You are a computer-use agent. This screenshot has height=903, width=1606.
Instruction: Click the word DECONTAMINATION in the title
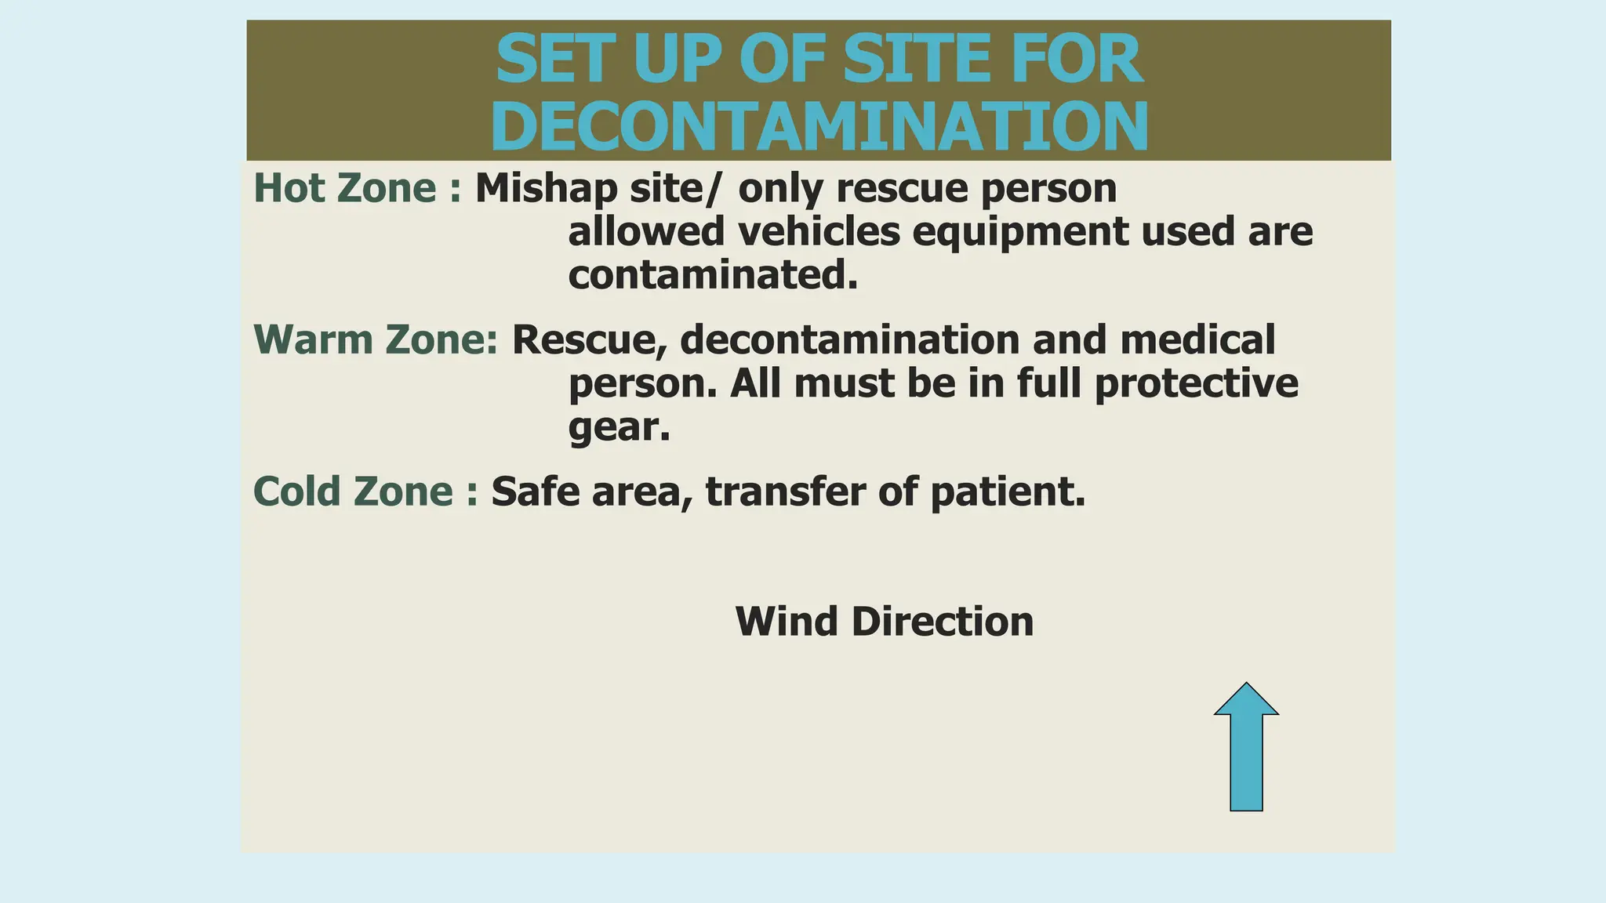(x=819, y=127)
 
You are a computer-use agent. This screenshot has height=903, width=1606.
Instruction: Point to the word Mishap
(x=547, y=188)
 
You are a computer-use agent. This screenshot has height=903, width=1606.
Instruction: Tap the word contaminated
(x=712, y=275)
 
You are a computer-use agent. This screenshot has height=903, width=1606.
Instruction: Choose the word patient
(x=1008, y=492)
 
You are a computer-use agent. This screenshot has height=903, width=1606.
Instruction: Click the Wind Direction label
(x=885, y=622)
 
